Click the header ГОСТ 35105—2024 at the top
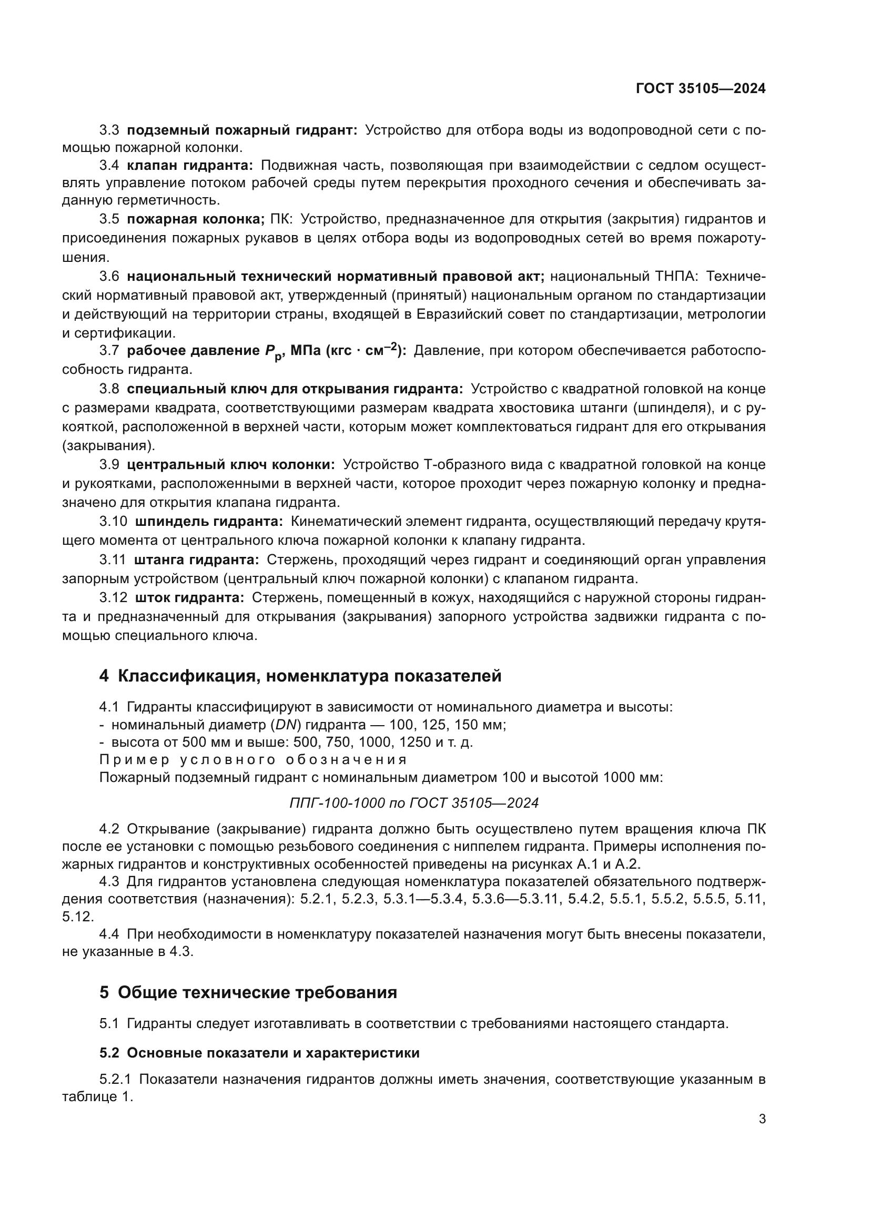click(x=700, y=89)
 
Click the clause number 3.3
click(x=109, y=130)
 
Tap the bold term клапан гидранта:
click(x=190, y=166)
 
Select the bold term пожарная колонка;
click(x=196, y=219)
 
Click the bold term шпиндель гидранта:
click(x=208, y=521)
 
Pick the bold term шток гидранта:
click(x=190, y=597)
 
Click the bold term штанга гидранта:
click(x=196, y=560)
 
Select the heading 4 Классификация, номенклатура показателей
click(x=300, y=676)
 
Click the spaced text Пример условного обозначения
click(x=253, y=760)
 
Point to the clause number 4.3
click(x=109, y=881)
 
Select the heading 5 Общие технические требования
click(x=248, y=992)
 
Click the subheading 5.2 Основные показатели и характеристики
click(x=259, y=1053)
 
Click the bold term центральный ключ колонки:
click(x=231, y=464)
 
